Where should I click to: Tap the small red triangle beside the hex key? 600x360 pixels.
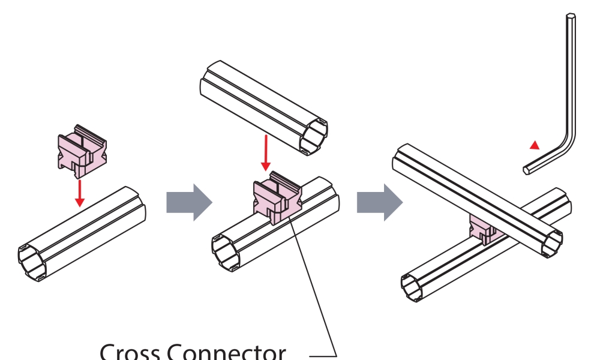coord(535,145)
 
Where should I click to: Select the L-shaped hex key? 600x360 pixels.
coord(570,90)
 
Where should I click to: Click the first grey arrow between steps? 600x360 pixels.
coord(188,202)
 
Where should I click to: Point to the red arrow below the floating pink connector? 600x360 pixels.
coord(79,192)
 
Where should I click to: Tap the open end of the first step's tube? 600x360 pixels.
coord(34,262)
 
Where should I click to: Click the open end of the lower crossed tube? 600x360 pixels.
coord(416,287)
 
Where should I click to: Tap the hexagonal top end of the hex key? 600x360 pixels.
coord(571,19)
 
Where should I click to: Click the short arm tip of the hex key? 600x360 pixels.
coord(526,170)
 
